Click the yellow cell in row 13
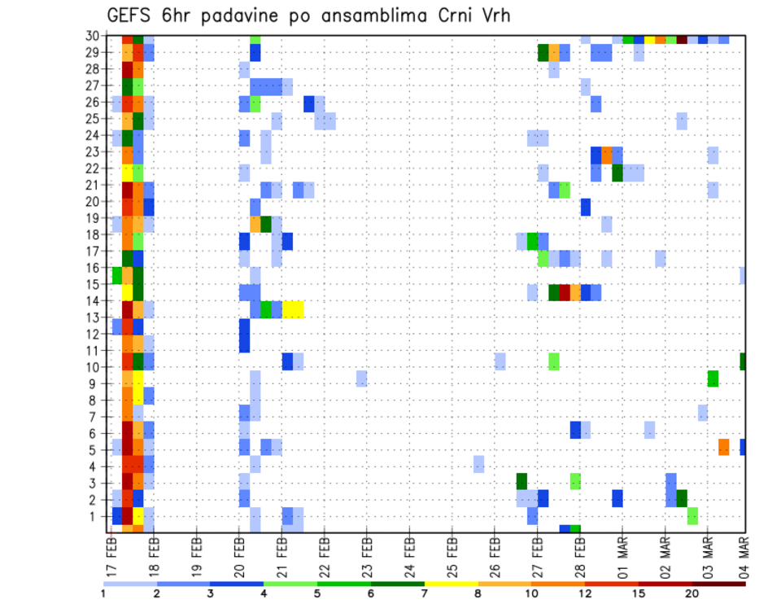click(293, 309)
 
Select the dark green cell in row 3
click(521, 481)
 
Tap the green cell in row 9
click(713, 379)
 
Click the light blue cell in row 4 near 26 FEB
click(479, 464)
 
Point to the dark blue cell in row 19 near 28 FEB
click(586, 207)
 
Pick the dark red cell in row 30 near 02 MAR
click(682, 39)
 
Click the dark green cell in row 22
click(617, 173)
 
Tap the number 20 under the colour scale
click(692, 593)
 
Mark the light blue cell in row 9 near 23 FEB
click(362, 379)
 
